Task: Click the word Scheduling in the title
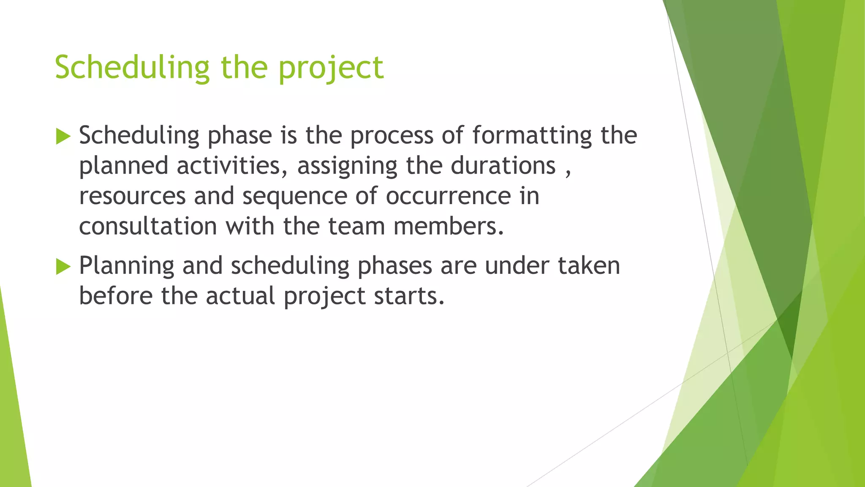(132, 68)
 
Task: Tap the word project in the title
(331, 68)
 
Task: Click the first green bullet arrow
(63, 137)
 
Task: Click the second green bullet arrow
(63, 267)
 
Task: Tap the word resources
(132, 196)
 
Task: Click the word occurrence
(448, 196)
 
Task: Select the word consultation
(148, 226)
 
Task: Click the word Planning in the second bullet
(126, 266)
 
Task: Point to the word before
(116, 295)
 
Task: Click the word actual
(240, 295)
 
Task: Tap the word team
(356, 226)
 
